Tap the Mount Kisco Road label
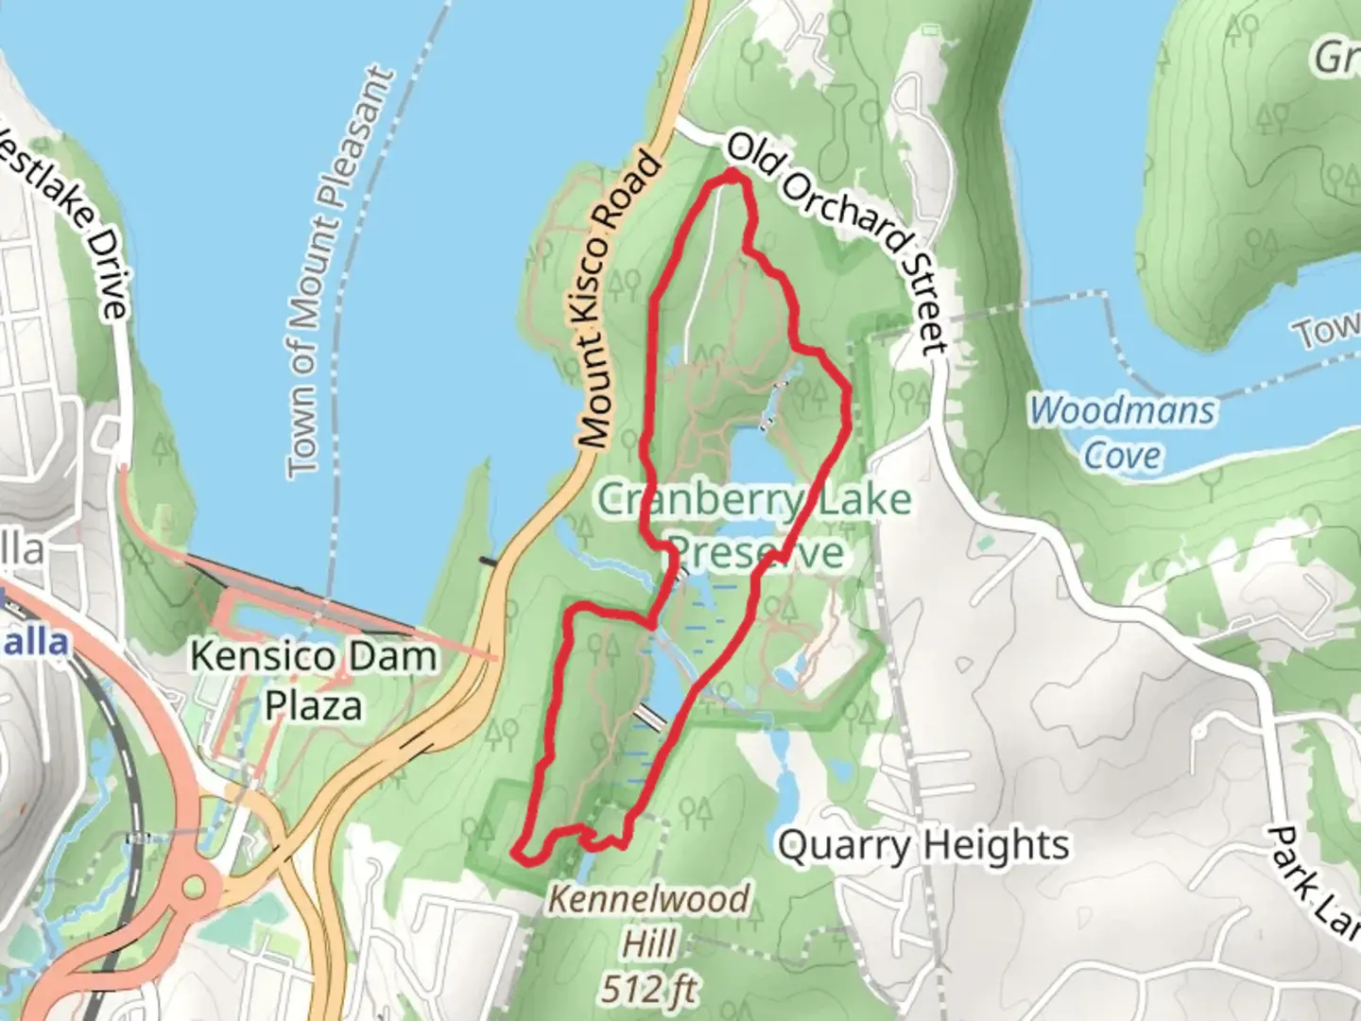(619, 301)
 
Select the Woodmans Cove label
(1122, 433)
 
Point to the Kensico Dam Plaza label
(314, 681)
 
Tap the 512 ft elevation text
(649, 990)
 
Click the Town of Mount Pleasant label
(338, 272)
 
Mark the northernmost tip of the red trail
(734, 173)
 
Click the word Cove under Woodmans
(1122, 456)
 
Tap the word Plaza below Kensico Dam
(314, 705)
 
